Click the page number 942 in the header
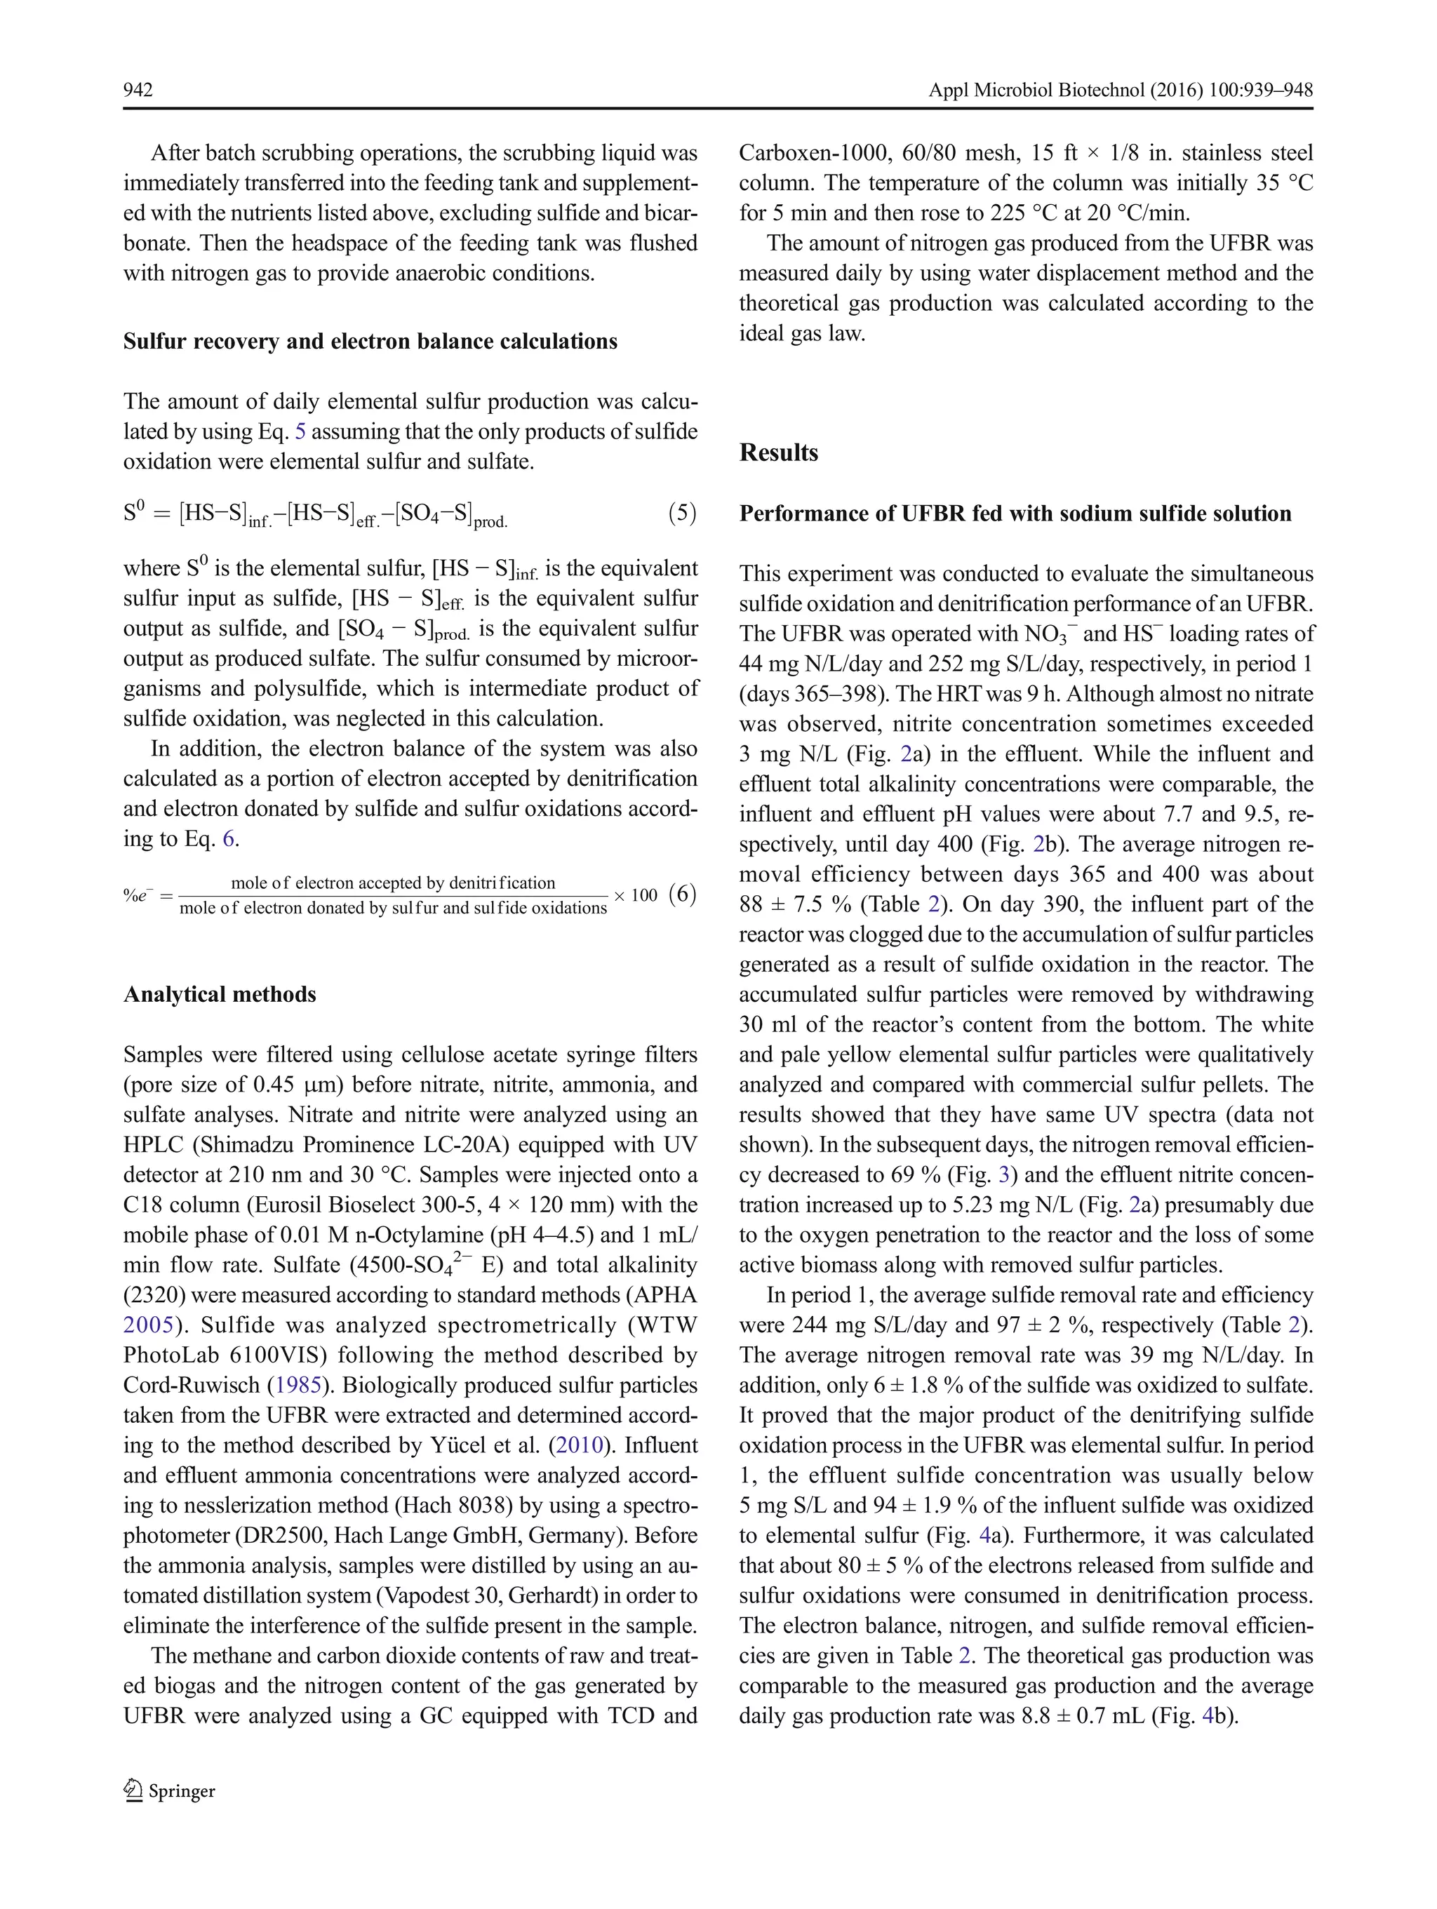click(138, 91)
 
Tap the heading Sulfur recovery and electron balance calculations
click(370, 342)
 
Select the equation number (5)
click(682, 514)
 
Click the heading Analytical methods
click(219, 995)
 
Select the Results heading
click(778, 453)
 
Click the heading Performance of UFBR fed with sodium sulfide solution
click(1015, 514)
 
